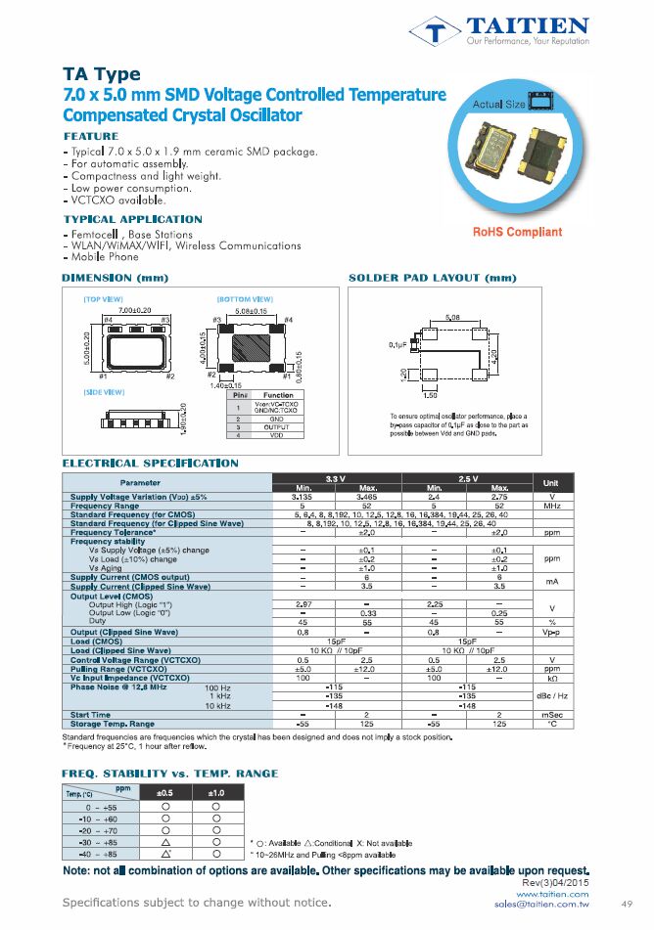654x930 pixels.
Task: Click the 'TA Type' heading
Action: [x=102, y=74]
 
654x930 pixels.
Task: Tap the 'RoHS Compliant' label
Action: [x=517, y=232]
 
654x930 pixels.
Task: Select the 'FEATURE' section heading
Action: [x=91, y=136]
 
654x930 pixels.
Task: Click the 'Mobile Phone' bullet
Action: [x=104, y=257]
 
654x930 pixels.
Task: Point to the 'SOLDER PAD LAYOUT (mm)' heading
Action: [x=432, y=279]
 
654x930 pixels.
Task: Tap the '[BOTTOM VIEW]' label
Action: [x=244, y=297]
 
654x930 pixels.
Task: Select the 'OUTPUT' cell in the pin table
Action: [x=278, y=427]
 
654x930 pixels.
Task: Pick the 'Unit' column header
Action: [x=550, y=483]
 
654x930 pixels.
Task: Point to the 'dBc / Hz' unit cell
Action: [x=550, y=695]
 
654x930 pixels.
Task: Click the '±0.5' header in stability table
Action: [x=167, y=792]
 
